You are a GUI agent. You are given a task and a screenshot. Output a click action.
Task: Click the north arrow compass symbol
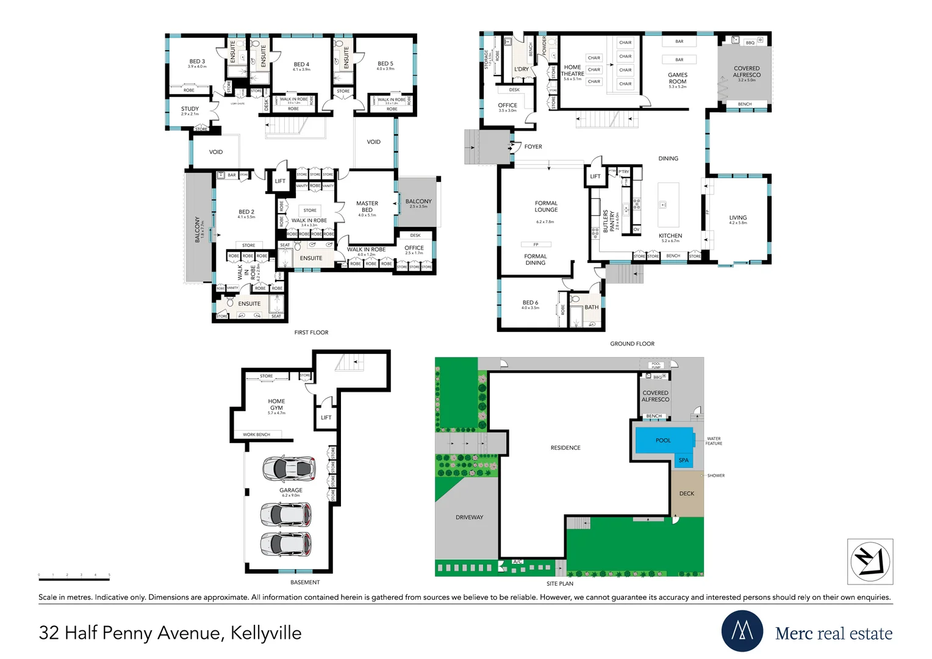pos(870,561)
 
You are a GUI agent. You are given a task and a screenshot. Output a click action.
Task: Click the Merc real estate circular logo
pos(742,631)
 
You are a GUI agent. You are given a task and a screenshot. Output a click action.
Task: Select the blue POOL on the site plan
pos(664,440)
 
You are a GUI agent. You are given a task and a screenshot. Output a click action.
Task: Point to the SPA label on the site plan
pos(684,460)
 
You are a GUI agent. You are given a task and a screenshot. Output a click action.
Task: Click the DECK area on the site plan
pos(687,494)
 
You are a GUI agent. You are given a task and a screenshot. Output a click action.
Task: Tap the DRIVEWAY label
pos(469,517)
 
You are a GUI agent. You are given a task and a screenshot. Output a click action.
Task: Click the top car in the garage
pos(289,469)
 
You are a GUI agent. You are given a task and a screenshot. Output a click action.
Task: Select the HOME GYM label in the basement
pos(276,405)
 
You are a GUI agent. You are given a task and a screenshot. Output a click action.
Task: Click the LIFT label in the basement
pos(326,417)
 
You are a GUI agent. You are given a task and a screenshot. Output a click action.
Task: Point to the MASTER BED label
pos(367,206)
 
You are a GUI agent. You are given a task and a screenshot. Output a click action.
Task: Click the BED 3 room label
pos(197,62)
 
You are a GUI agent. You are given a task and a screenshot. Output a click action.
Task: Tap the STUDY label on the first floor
pos(190,109)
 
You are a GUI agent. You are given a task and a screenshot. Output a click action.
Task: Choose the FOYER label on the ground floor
pos(533,146)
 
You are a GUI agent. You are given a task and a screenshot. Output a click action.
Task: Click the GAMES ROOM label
pos(678,78)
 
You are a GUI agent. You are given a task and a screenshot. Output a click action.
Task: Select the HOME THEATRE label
pos(572,71)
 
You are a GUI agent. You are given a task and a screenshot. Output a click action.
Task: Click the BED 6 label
pos(530,303)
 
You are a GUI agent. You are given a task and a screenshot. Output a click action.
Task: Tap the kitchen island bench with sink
pos(669,204)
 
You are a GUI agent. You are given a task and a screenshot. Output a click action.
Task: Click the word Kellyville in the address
pos(266,633)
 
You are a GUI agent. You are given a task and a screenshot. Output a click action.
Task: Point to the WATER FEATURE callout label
pos(714,441)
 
